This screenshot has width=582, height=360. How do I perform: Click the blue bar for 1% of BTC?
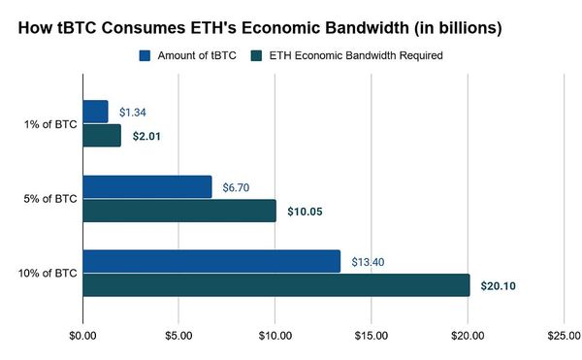(95, 112)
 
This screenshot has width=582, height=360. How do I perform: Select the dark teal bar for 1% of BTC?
(102, 136)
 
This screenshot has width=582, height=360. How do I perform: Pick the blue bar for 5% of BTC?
(147, 186)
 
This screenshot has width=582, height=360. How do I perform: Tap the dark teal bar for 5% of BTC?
(179, 211)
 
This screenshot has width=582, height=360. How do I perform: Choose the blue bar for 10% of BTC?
(211, 261)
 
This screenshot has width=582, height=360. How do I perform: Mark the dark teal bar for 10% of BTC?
(276, 285)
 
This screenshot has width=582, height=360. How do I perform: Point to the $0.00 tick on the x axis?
(83, 337)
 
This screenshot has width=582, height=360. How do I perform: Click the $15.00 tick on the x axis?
(372, 337)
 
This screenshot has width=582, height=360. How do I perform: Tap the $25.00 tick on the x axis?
(564, 337)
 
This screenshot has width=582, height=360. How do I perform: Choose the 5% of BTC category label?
(50, 199)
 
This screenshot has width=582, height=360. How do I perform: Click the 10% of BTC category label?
(48, 274)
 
